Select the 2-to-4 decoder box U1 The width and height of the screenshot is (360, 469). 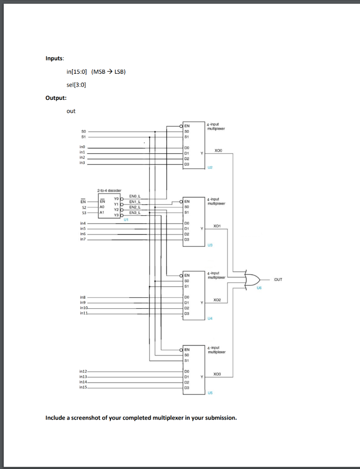108,207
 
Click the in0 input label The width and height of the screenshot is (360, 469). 82,148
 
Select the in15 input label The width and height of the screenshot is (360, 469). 83,387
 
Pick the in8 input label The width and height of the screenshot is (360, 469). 82,298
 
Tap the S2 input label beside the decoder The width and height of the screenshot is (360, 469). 83,207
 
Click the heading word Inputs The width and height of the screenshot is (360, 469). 55,59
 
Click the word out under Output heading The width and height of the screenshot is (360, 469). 71,111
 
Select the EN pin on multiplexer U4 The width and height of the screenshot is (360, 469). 187,275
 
